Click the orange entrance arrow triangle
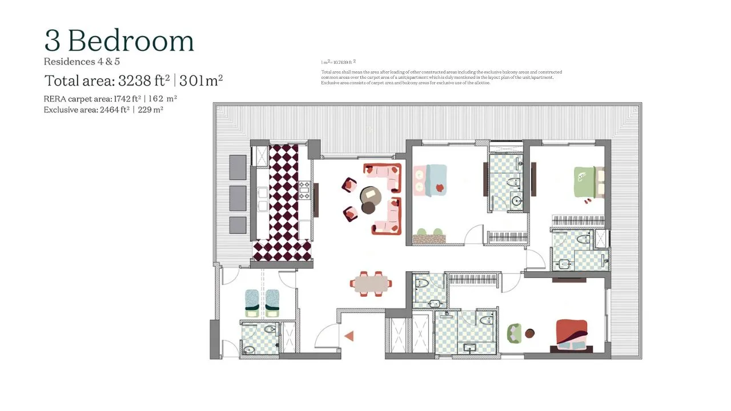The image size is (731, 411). click(348, 337)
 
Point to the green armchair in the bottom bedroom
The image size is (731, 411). click(515, 333)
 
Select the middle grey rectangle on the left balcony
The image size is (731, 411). click(238, 198)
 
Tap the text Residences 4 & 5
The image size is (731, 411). click(82, 62)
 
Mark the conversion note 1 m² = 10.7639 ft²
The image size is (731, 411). click(338, 62)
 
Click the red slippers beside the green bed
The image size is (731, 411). click(588, 200)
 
